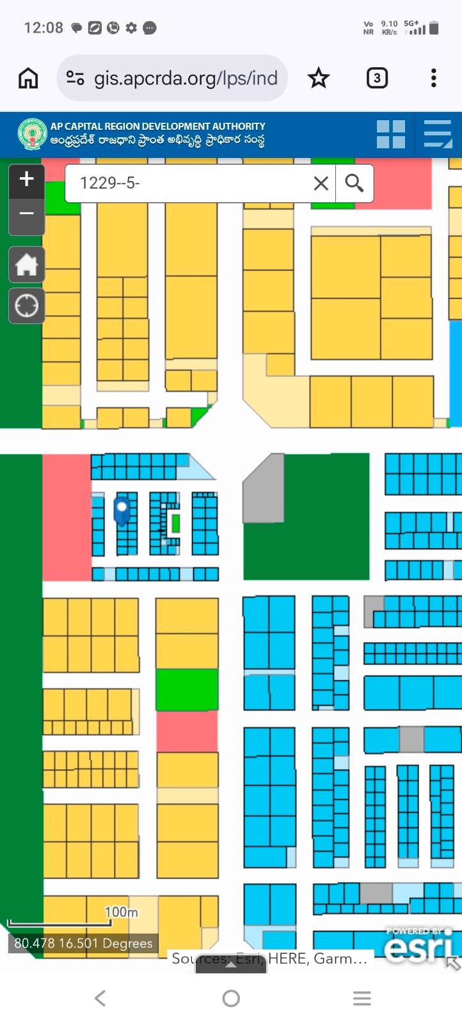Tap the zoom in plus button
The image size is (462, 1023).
26,179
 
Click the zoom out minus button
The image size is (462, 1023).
26,214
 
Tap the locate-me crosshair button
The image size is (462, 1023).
26,306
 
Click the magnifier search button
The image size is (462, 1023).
354,184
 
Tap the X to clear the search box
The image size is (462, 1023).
321,184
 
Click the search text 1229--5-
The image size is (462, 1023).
109,184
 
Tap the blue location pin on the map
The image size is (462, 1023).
122,510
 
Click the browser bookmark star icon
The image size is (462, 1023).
318,78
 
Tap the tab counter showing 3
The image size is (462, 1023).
377,78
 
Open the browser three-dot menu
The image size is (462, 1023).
434,78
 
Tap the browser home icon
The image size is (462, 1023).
28,78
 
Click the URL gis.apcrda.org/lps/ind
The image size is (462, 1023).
186,78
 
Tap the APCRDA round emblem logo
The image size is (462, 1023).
32,134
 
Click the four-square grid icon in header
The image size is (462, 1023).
390,134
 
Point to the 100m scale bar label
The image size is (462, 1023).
121,912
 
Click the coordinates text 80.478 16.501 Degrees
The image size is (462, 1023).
83,943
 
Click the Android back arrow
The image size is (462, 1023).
100,998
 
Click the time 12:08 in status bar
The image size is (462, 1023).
44,27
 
